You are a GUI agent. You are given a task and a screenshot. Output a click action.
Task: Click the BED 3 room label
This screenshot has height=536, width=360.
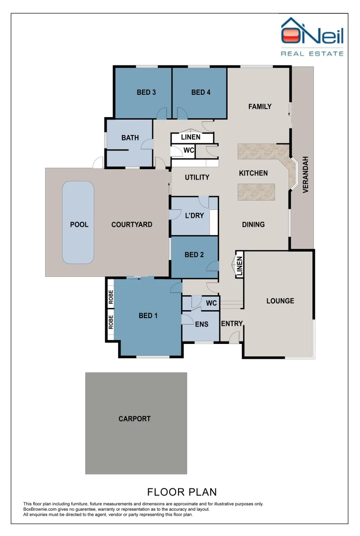pos(146,92)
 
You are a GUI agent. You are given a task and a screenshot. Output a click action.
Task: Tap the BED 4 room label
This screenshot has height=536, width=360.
pos(201,92)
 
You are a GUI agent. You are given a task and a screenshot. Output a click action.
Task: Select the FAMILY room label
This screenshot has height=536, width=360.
pos(260,106)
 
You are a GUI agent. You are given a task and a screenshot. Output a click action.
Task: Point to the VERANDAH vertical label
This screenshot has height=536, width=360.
pos(306,175)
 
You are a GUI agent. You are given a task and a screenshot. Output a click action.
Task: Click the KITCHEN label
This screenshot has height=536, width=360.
pos(253,173)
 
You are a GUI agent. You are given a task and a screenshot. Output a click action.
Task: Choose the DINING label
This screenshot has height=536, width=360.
pos(253,224)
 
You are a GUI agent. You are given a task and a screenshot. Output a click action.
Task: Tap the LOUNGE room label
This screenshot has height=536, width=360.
pos(280,301)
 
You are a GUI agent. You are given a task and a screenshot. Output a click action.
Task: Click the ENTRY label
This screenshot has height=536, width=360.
pos(232,324)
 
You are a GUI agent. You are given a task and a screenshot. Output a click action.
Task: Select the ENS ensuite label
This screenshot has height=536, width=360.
pos(201,325)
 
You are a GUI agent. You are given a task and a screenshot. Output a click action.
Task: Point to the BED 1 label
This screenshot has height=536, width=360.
pos(148,316)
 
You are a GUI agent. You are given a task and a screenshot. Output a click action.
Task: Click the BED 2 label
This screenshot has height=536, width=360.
pos(194,255)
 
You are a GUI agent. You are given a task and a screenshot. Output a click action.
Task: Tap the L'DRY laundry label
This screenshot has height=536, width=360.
pos(194,216)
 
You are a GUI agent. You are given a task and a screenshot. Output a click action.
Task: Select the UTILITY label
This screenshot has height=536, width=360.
pos(197,177)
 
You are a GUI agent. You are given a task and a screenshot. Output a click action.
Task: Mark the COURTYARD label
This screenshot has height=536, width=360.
pos(131,224)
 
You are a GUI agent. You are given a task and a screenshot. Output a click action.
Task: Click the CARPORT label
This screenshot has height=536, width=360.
pos(134,419)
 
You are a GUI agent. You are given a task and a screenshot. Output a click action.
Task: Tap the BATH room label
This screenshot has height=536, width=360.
pos(130,138)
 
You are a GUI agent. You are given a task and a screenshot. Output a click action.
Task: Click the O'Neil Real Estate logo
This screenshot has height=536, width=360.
pos(312,37)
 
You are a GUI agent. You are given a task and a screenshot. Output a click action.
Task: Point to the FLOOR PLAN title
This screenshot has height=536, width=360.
pos(182,492)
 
